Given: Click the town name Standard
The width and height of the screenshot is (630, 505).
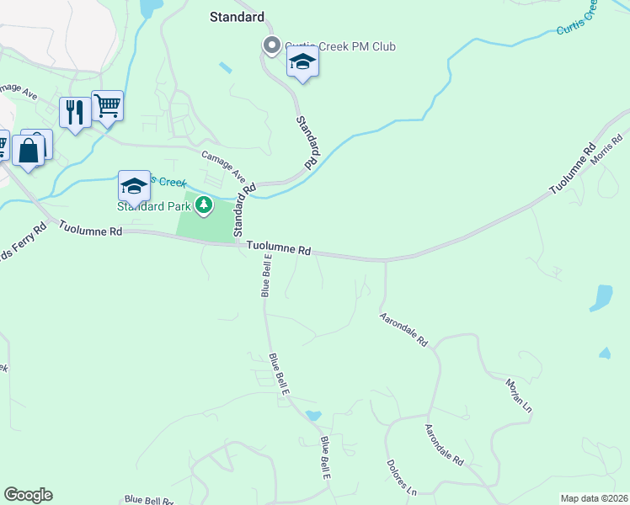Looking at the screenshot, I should (237, 17).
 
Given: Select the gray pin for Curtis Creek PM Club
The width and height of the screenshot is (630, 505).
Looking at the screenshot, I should (271, 46).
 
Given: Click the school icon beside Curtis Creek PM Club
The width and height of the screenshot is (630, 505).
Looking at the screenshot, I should (302, 63).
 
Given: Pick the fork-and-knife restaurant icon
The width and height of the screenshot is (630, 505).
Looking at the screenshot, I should (75, 113).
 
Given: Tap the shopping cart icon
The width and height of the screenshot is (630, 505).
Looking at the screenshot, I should (107, 107).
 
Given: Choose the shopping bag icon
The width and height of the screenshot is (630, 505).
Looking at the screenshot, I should (28, 152).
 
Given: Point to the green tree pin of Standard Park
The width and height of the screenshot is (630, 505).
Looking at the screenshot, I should (203, 205).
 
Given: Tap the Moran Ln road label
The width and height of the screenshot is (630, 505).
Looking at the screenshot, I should (519, 396).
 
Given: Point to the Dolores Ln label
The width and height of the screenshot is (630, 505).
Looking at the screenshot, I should (401, 476).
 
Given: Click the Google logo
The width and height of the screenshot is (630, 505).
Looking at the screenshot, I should (28, 495).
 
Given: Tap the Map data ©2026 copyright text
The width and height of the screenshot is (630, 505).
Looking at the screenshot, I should (594, 498).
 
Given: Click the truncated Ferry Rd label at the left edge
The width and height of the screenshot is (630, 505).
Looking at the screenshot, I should (25, 243).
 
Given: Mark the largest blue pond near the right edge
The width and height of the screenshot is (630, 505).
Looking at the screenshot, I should (602, 297).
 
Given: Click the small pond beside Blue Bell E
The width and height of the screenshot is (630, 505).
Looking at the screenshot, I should (313, 415).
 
